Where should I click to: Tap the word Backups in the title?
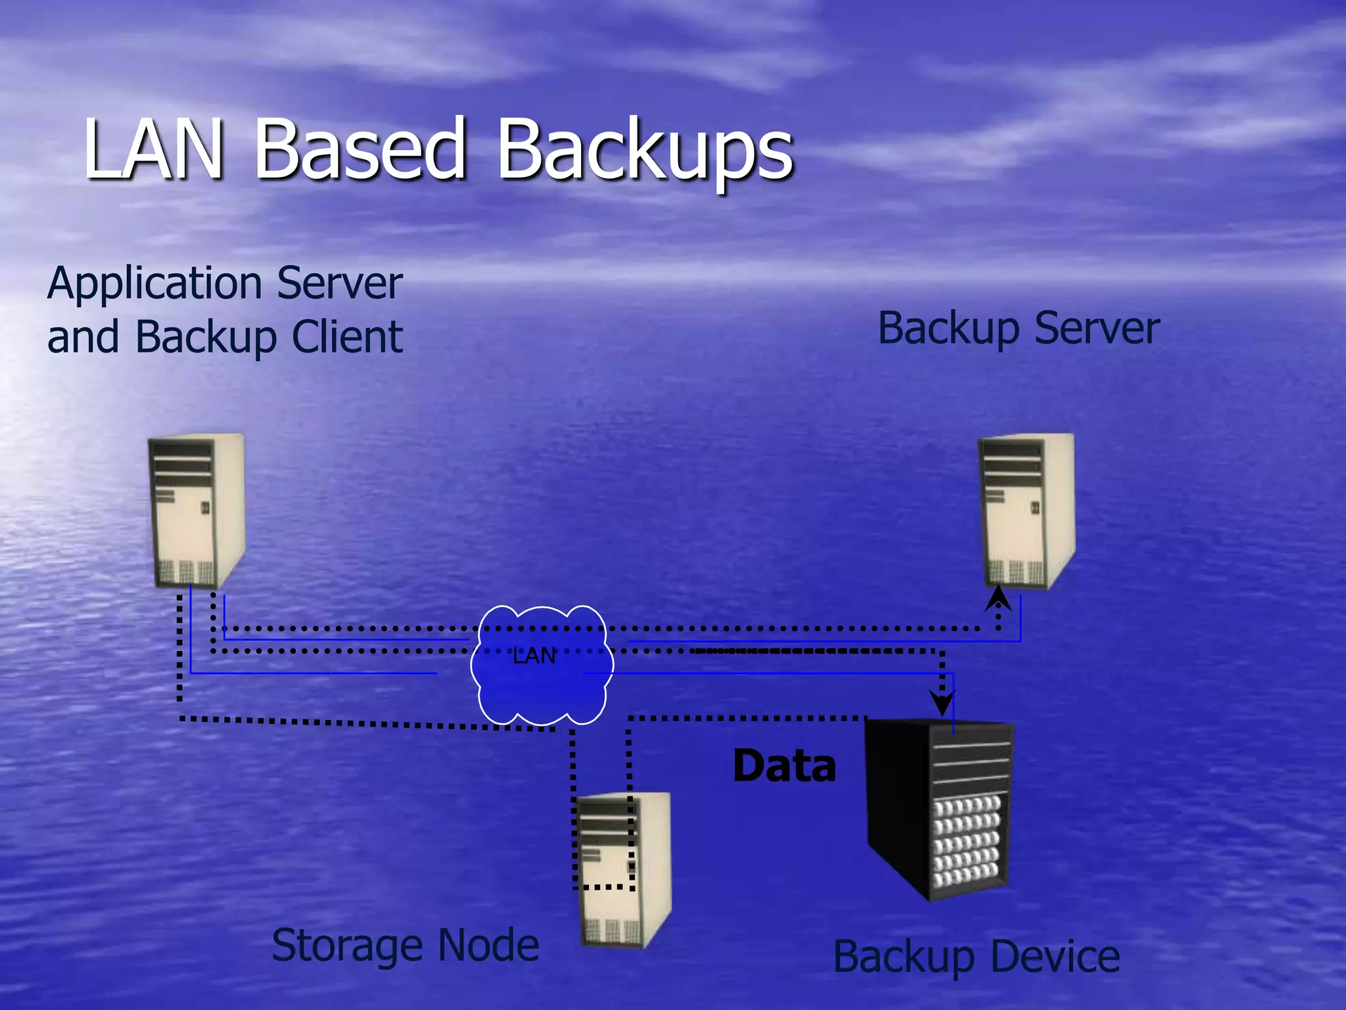click(x=645, y=153)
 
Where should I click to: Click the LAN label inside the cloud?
click(x=534, y=656)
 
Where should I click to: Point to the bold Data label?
click(x=784, y=767)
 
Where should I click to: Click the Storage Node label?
click(x=406, y=946)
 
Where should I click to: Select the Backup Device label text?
click(x=977, y=957)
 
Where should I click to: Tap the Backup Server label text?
click(x=1019, y=329)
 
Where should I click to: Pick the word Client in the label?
click(x=347, y=337)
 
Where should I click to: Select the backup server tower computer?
click(x=1027, y=510)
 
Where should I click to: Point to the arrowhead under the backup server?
click(x=998, y=598)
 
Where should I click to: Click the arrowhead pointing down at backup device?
click(x=942, y=704)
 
